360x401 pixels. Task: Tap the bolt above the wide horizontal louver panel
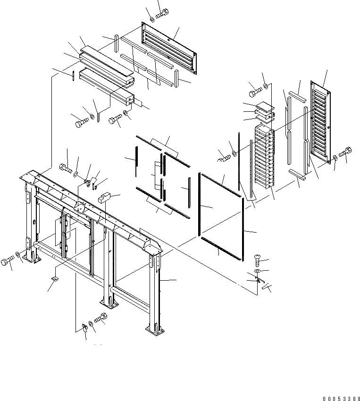(x=162, y=14)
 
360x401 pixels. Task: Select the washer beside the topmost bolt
(x=152, y=19)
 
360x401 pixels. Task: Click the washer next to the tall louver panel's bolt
(x=335, y=157)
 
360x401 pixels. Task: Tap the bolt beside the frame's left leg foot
(x=8, y=261)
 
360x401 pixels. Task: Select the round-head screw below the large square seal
(x=256, y=259)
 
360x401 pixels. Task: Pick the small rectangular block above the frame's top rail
(x=104, y=197)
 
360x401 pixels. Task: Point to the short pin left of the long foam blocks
(x=74, y=75)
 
